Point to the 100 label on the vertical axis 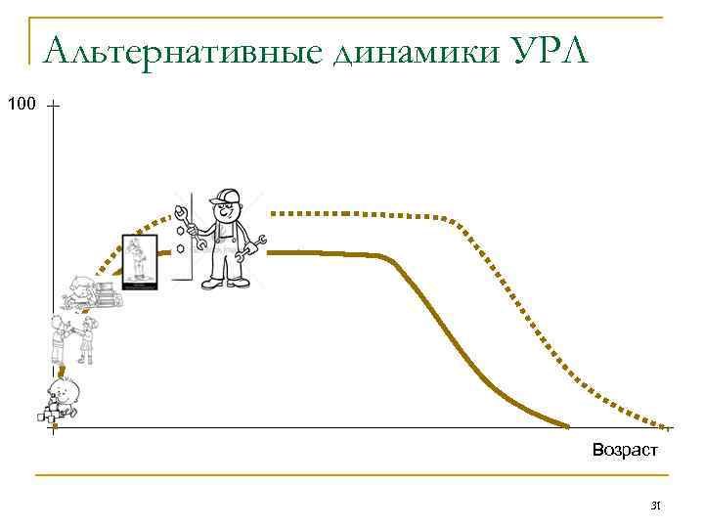coord(21,102)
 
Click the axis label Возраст coord(625,451)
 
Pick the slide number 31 coord(656,506)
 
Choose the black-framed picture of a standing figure coord(139,261)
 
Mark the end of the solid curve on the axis coord(567,426)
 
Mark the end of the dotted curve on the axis coord(671,427)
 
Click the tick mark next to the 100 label coord(52,104)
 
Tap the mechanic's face coord(227,210)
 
